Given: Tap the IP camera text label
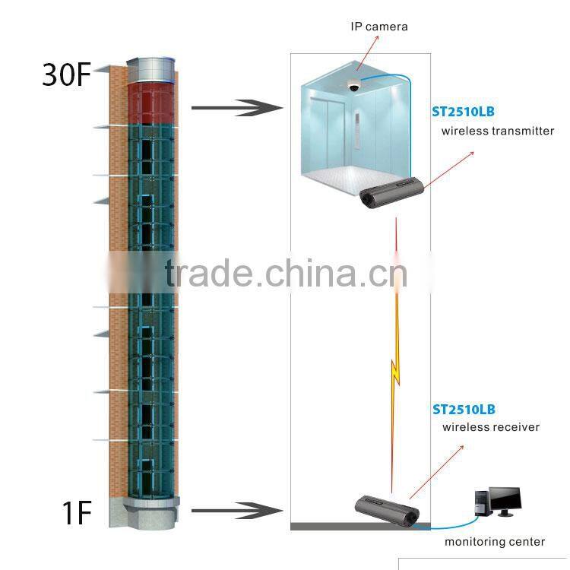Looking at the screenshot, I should [x=378, y=27].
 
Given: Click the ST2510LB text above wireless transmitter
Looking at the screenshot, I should [x=463, y=112].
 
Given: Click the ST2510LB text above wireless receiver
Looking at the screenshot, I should [x=464, y=409].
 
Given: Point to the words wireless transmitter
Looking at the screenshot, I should [x=498, y=131].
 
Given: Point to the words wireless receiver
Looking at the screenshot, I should [x=491, y=427].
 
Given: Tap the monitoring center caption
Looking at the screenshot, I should [x=495, y=542].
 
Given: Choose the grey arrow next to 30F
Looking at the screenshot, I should [x=236, y=108].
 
